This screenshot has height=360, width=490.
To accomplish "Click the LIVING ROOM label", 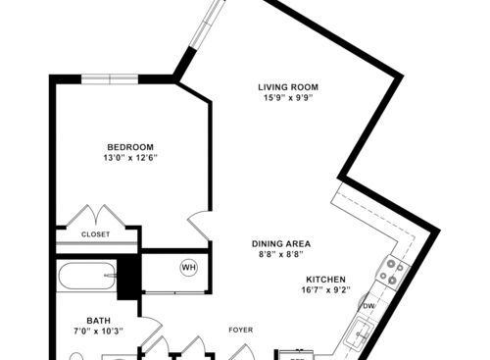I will [289, 86].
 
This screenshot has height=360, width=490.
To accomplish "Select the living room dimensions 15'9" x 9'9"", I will [289, 98].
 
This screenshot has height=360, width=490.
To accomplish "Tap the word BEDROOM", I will [130, 147].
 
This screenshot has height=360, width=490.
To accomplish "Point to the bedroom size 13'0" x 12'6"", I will [130, 159].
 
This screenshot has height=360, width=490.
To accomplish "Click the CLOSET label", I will [95, 234].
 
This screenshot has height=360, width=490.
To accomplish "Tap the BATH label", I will [98, 320].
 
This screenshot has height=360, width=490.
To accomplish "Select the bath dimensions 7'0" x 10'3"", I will [98, 333].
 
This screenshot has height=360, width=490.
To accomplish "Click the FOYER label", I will [241, 330].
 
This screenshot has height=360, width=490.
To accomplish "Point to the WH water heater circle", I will [187, 267].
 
